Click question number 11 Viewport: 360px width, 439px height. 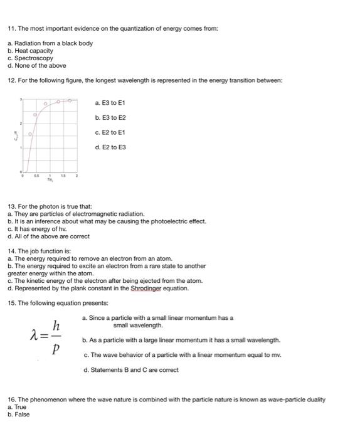[11, 29]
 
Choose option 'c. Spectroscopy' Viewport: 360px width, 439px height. [30, 58]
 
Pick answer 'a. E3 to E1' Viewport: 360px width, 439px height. [110, 102]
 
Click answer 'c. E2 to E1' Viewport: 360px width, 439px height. [110, 132]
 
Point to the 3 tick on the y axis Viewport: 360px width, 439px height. [21, 100]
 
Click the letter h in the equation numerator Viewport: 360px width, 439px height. [56, 325]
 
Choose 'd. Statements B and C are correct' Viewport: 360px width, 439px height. [131, 369]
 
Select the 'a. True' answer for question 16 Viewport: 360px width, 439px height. [18, 407]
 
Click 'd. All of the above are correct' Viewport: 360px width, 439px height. [48, 236]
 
